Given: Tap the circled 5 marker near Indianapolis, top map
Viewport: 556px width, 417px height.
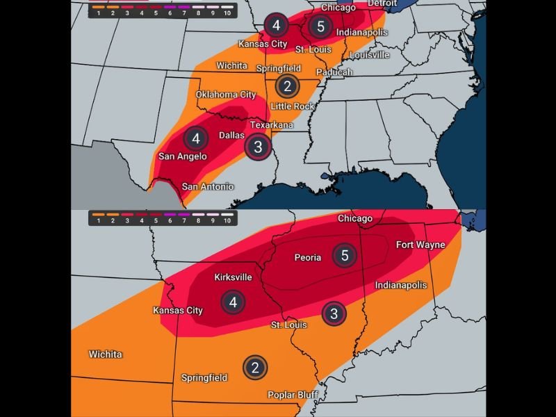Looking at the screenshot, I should pyautogui.click(x=320, y=27).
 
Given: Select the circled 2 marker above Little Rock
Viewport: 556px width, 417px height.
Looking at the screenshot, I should pyautogui.click(x=287, y=86).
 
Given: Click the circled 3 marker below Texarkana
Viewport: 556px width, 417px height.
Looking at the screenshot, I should pyautogui.click(x=258, y=147).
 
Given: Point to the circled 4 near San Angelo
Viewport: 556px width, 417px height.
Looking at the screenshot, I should pyautogui.click(x=196, y=138).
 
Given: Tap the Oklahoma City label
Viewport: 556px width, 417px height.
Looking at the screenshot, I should pyautogui.click(x=226, y=95).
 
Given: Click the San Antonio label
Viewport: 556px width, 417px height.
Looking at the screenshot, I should pyautogui.click(x=208, y=186).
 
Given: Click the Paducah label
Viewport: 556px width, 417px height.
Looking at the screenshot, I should pyautogui.click(x=334, y=72).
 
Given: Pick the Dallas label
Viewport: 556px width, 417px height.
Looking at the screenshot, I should pyautogui.click(x=231, y=136).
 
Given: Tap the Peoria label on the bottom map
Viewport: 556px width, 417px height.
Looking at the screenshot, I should pyautogui.click(x=308, y=257).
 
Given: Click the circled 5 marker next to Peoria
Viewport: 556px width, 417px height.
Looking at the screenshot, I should pyautogui.click(x=345, y=255).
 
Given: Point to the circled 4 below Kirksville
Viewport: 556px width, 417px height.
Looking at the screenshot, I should pyautogui.click(x=233, y=302).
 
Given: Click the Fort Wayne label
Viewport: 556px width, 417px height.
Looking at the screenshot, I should pyautogui.click(x=419, y=245).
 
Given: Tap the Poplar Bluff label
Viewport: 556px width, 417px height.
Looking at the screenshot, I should pyautogui.click(x=293, y=395).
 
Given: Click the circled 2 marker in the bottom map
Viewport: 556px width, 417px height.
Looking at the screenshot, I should pyautogui.click(x=255, y=368).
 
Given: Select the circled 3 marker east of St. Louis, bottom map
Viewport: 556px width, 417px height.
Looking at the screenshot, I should pyautogui.click(x=334, y=313).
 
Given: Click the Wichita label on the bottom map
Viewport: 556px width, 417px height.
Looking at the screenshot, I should pyautogui.click(x=105, y=354).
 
